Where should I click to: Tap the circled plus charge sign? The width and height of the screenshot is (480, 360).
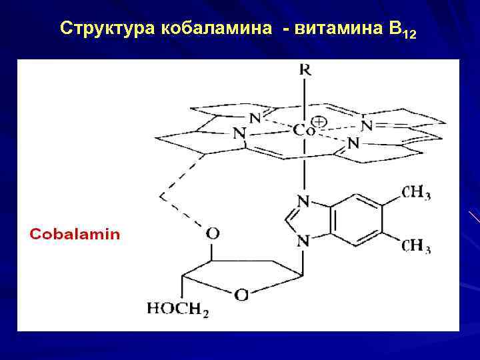pyautogui.click(x=320, y=121)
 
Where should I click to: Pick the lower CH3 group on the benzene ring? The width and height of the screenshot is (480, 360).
pyautogui.click(x=416, y=246)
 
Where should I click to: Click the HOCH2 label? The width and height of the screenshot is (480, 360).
pyautogui.click(x=177, y=309)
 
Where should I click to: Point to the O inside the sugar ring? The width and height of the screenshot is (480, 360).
pyautogui.click(x=242, y=294)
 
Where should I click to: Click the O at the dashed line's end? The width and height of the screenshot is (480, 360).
pyautogui.click(x=212, y=233)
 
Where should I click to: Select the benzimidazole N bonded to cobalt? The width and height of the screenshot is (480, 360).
pyautogui.click(x=303, y=201)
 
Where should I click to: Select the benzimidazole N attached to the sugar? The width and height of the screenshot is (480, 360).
pyautogui.click(x=303, y=241)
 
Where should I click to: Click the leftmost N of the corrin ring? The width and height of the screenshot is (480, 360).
pyautogui.click(x=239, y=133)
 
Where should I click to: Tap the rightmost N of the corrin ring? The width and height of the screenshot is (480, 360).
pyautogui.click(x=365, y=125)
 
